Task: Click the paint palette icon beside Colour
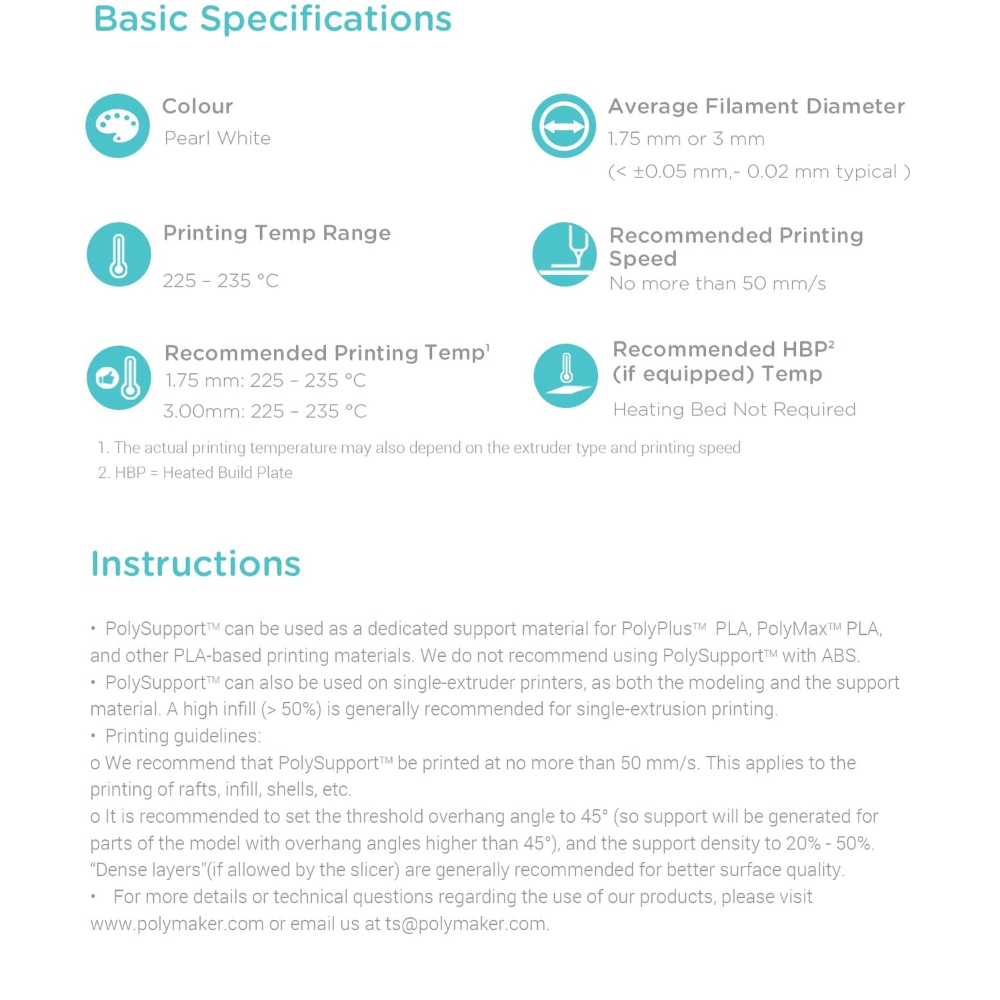point(117,125)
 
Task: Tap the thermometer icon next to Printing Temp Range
point(119,254)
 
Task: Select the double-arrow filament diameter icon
point(563,125)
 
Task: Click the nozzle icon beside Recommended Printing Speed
point(564,254)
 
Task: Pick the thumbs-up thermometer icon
point(119,377)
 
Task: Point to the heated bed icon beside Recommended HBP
point(565,375)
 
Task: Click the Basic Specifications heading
point(273,19)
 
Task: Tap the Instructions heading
point(195,563)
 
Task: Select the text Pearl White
point(217,138)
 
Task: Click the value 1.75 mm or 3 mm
point(685,139)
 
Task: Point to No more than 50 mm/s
point(717,283)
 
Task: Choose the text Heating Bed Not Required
point(734,409)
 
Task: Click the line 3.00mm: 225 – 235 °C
point(265,411)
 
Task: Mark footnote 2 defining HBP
point(195,473)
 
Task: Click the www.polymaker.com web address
point(177,924)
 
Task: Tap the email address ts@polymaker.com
point(465,924)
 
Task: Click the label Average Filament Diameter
point(756,106)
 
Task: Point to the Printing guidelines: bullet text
point(183,736)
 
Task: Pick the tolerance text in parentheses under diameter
point(759,172)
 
